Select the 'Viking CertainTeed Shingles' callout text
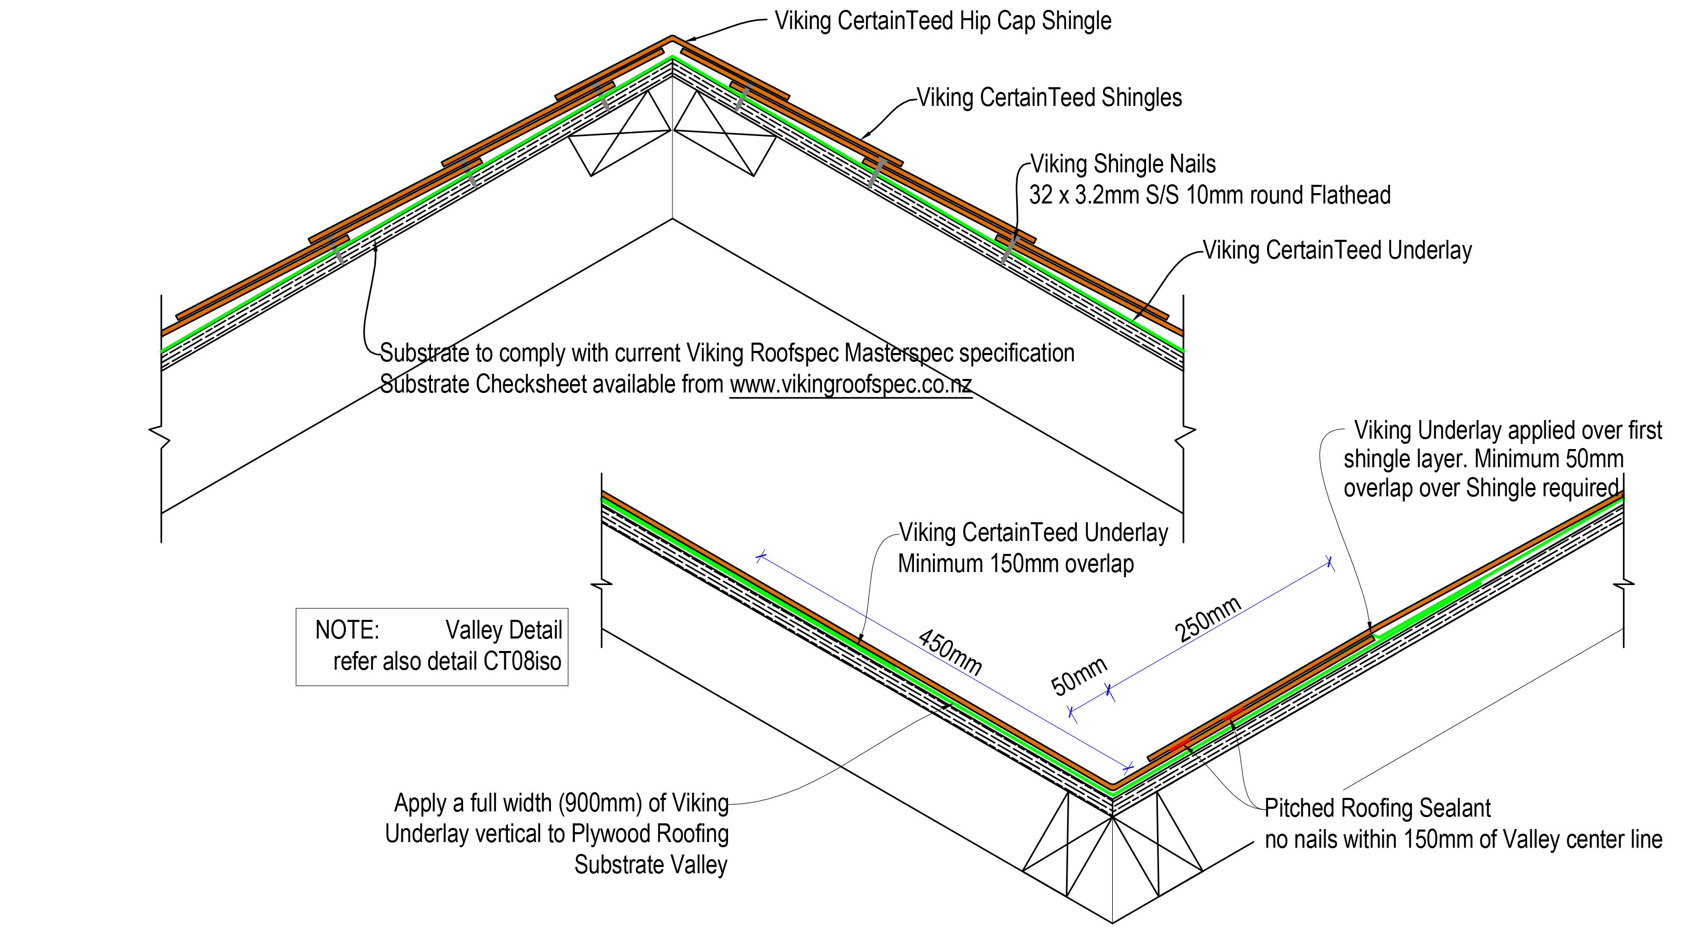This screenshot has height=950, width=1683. (x=1049, y=98)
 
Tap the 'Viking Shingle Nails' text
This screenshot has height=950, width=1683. (x=1123, y=164)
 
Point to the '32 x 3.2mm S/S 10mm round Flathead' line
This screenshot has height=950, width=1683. (x=1209, y=195)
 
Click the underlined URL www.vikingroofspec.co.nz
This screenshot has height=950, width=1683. (x=850, y=385)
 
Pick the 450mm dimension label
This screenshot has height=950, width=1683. (x=951, y=652)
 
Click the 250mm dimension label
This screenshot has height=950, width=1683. (x=1207, y=619)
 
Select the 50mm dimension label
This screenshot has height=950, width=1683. (x=1079, y=676)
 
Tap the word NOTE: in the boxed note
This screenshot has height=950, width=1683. (x=347, y=630)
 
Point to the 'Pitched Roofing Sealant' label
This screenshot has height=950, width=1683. (x=1377, y=808)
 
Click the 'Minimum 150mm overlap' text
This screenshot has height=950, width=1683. (x=1015, y=563)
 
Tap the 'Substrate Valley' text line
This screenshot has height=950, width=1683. (x=651, y=864)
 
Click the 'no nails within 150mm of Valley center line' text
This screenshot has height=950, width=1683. (x=1463, y=839)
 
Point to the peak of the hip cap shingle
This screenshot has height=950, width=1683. (x=672, y=38)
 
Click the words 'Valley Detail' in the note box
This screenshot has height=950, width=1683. (x=504, y=630)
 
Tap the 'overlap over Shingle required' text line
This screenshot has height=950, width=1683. (x=1481, y=488)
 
